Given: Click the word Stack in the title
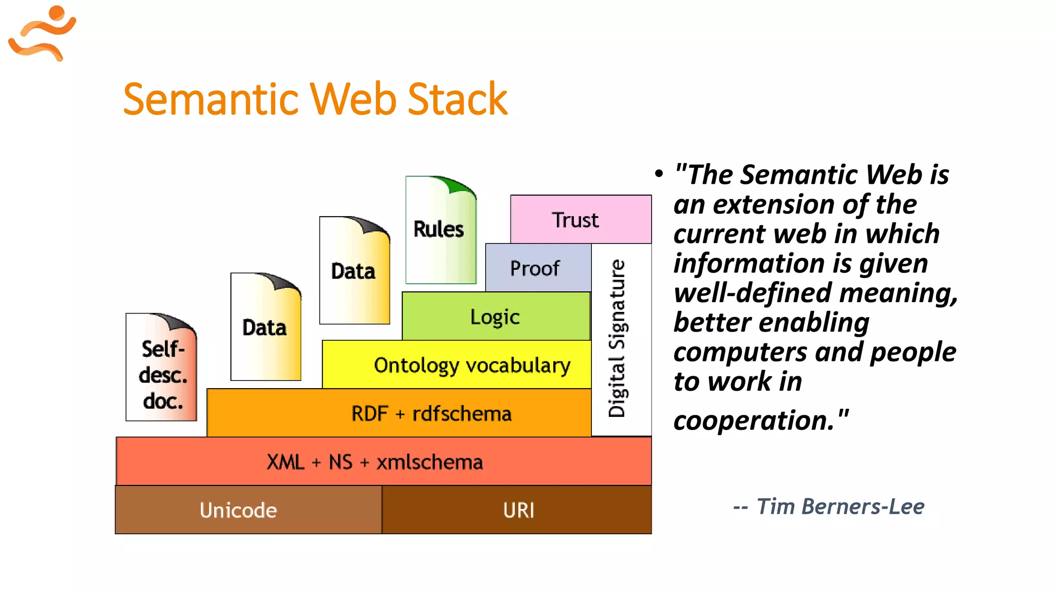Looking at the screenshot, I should pyautogui.click(x=457, y=99).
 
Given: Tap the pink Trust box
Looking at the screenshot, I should pyautogui.click(x=581, y=220).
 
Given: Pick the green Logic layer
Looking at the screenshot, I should pyautogui.click(x=495, y=317).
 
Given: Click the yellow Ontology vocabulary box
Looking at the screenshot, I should pyautogui.click(x=464, y=365).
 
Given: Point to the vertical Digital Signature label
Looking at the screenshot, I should pyautogui.click(x=617, y=338).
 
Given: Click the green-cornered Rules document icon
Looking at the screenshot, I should pyautogui.click(x=440, y=230).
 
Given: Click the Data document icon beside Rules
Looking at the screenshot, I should pyautogui.click(x=354, y=271).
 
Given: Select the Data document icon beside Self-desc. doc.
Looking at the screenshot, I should pyautogui.click(x=265, y=328).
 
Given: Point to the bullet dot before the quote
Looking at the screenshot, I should pyautogui.click(x=659, y=174).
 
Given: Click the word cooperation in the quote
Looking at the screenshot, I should pyautogui.click(x=754, y=421).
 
